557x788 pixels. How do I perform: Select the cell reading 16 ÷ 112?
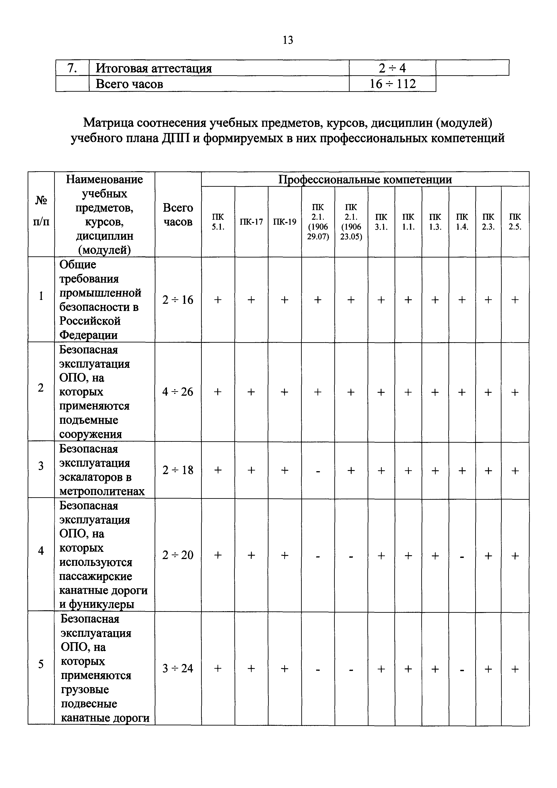[392, 84]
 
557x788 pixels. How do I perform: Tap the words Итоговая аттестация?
[153, 68]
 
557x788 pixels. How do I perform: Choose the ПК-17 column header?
[251, 222]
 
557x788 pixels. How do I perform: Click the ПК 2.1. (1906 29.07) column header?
[318, 222]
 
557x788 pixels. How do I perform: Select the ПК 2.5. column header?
[515, 222]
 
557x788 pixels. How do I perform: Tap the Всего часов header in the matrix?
[178, 215]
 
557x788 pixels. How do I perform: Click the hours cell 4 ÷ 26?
[178, 392]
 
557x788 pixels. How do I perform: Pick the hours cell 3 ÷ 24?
[178, 668]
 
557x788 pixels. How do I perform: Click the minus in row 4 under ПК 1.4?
[462, 556]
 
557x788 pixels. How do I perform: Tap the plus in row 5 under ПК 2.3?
[488, 668]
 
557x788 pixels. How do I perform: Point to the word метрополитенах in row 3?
[102, 491]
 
